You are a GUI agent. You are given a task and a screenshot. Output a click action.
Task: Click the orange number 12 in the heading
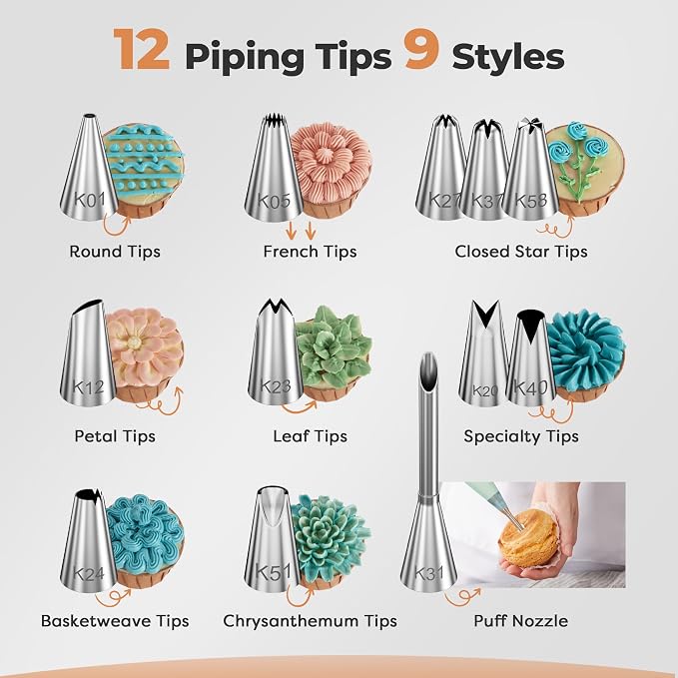[142, 49]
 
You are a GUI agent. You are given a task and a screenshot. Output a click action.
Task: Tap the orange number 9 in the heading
[421, 49]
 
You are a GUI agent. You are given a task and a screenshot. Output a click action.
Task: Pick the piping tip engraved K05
[274, 168]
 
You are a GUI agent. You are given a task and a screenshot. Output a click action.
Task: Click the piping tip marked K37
[484, 169]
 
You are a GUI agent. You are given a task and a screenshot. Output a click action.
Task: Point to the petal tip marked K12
[88, 351]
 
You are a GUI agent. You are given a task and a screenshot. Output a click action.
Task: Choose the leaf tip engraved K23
[276, 351]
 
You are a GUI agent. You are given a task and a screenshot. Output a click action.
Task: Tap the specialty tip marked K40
[531, 357]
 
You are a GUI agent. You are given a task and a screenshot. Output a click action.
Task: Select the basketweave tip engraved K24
[88, 540]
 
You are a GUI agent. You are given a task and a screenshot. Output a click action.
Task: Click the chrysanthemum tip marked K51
[273, 539]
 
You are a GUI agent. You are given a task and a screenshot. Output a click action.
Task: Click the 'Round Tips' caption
[115, 252]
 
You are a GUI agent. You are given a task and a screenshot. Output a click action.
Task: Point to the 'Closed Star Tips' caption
[521, 252]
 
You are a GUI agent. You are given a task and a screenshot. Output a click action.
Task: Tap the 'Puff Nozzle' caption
[520, 621]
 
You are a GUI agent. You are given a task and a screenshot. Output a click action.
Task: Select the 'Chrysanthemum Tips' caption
[310, 621]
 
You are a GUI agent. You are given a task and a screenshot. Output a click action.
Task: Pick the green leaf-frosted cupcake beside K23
[334, 352]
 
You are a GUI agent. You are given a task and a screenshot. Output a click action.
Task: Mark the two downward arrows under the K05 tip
[301, 231]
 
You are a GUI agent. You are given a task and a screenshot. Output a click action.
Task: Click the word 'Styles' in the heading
[508, 57]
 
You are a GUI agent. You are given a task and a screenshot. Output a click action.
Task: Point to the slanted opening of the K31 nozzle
[428, 370]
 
